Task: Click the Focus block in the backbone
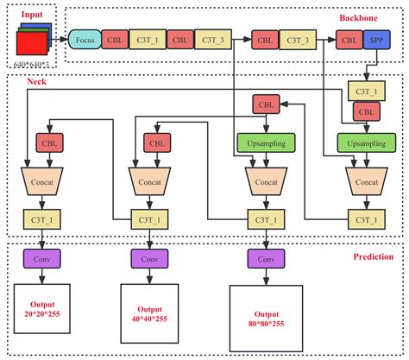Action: (x=85, y=40)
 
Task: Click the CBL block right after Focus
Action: (x=114, y=40)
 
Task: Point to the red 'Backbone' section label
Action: (x=363, y=16)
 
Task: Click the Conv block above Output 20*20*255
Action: (x=41, y=258)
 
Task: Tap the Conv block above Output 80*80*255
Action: (x=266, y=258)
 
